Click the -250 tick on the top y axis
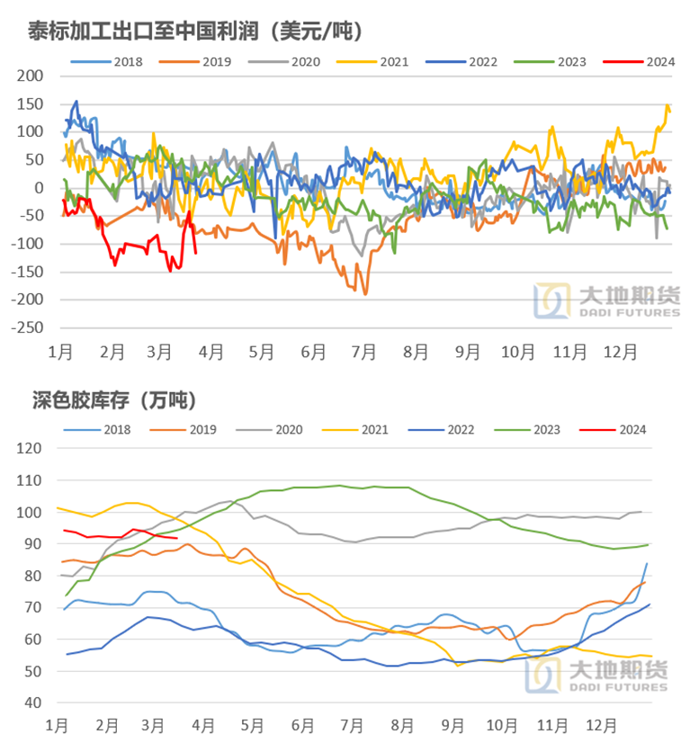pos(29,327)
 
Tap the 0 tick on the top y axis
pos(40,187)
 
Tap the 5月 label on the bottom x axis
pos(253,723)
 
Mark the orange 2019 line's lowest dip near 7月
pos(364,293)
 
